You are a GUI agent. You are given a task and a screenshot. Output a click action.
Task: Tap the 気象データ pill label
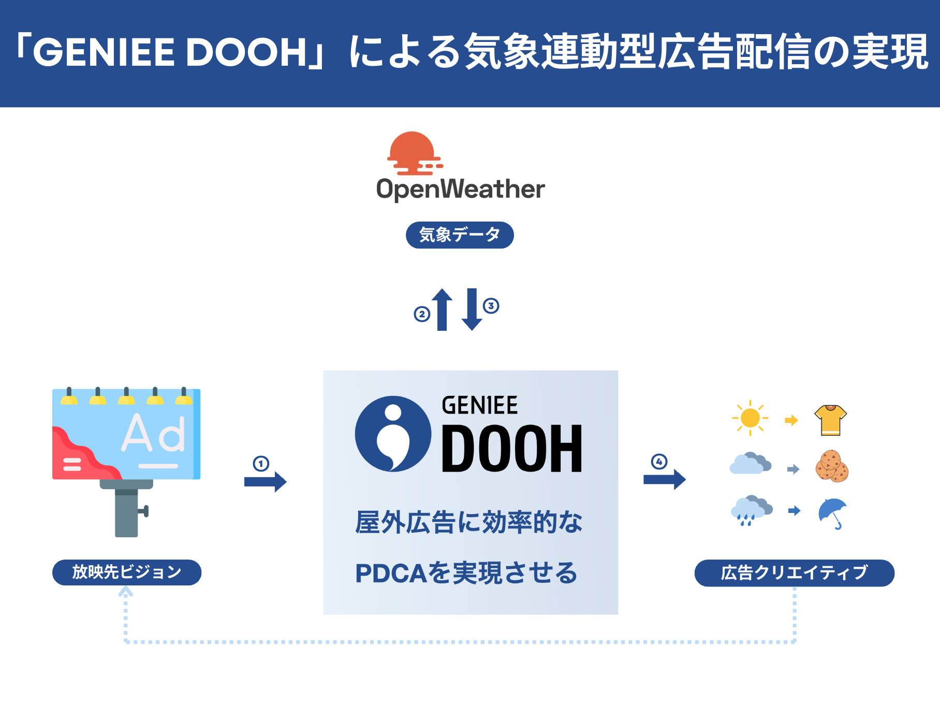click(460, 235)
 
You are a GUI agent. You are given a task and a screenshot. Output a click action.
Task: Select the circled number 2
click(422, 314)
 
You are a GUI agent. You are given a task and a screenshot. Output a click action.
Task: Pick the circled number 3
click(491, 305)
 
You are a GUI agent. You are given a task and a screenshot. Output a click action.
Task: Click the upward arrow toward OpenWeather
click(442, 310)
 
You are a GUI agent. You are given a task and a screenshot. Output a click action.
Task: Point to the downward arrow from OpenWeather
click(472, 310)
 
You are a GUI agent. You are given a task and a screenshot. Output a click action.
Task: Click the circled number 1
click(261, 463)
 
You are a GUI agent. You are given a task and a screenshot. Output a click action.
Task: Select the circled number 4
click(659, 461)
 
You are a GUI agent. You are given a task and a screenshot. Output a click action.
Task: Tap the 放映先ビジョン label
click(127, 572)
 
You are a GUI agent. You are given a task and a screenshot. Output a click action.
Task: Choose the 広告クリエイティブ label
click(795, 572)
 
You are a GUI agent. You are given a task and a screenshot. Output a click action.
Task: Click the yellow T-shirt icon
click(830, 420)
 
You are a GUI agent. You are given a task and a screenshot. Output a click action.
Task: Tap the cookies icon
click(832, 466)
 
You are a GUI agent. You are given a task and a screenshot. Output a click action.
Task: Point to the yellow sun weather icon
click(750, 418)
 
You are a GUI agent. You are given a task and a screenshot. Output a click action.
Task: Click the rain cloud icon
click(752, 510)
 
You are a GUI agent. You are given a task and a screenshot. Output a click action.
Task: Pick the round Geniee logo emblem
click(393, 434)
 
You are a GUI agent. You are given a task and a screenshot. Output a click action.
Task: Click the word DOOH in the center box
click(512, 449)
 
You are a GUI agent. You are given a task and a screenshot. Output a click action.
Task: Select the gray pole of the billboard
click(126, 512)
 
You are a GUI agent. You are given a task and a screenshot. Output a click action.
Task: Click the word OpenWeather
click(461, 189)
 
